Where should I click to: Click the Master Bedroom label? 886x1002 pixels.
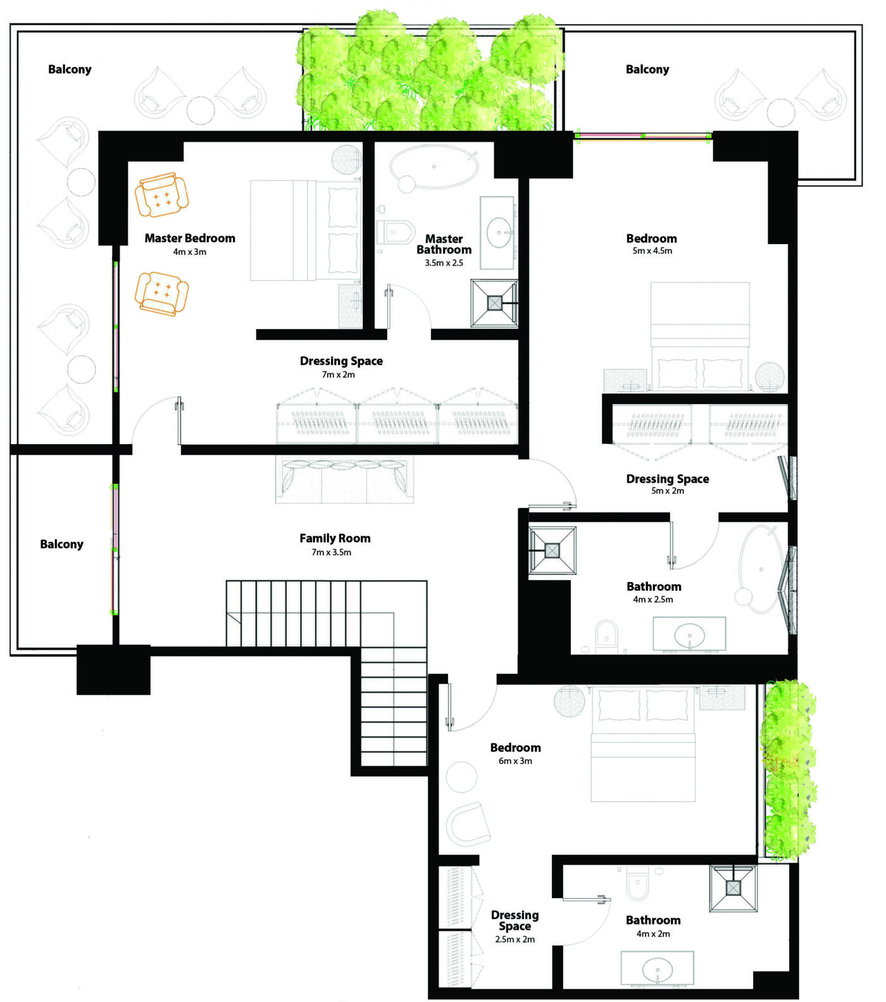click(190, 238)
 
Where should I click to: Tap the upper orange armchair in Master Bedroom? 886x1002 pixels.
click(162, 195)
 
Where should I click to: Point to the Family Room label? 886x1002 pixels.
click(335, 538)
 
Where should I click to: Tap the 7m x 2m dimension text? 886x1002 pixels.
click(338, 374)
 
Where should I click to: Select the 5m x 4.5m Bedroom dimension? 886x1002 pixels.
click(652, 250)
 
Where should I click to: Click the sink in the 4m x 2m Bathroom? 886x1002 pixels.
click(657, 968)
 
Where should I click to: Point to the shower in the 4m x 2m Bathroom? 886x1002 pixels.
click(733, 888)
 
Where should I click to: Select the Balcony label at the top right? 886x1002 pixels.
click(647, 70)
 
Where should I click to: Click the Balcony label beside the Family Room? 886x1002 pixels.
click(61, 545)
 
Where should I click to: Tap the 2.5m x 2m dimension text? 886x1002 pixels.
click(515, 939)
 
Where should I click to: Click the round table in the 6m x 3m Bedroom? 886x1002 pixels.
click(461, 776)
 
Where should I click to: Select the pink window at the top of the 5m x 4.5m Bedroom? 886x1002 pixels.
click(644, 135)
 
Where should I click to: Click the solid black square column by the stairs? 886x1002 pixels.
click(113, 670)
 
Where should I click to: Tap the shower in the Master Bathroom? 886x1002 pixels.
click(494, 303)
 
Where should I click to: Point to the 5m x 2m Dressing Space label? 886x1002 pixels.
click(667, 479)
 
